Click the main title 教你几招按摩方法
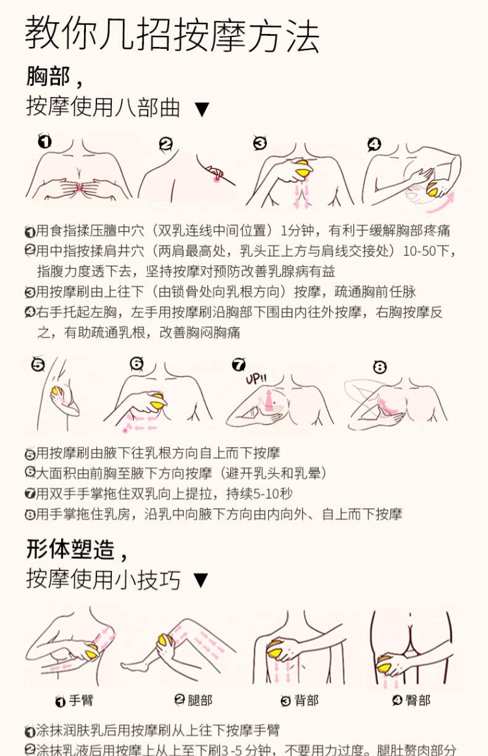click(172, 36)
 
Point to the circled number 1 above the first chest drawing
click(44, 141)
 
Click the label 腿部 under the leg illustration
click(200, 701)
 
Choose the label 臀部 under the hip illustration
click(418, 701)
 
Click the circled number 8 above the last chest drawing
click(380, 367)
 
